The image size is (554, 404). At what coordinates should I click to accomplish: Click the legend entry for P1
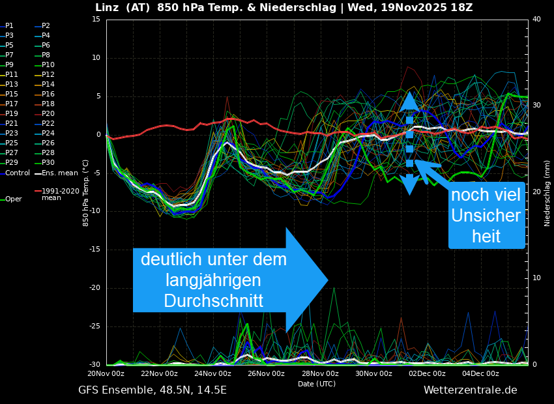9,26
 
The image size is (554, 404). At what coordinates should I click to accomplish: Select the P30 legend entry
48,163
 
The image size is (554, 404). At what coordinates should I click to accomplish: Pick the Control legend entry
17,173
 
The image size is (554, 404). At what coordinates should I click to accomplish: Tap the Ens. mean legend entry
54,173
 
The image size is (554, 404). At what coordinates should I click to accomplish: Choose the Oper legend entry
13,199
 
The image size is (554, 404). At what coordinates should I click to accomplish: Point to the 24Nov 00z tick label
212,374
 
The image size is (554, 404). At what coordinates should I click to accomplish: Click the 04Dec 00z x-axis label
480,374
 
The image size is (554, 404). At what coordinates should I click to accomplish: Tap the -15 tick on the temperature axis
95,250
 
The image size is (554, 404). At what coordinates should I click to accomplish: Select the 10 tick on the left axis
96,58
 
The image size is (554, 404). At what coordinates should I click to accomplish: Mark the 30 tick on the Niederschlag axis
536,105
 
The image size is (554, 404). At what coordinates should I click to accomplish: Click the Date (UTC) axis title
317,384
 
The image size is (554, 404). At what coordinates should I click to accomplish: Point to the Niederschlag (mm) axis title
547,193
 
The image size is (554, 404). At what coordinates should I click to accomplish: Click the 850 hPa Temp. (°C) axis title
85,193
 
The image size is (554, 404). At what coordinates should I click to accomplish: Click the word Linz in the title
108,8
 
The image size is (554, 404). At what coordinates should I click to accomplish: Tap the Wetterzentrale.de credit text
470,390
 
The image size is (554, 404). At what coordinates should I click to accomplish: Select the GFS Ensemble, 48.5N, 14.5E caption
153,390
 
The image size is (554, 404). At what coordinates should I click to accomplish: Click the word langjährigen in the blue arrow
213,280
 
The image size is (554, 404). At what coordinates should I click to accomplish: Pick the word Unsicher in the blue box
486,216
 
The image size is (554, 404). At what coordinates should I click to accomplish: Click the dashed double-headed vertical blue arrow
409,143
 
